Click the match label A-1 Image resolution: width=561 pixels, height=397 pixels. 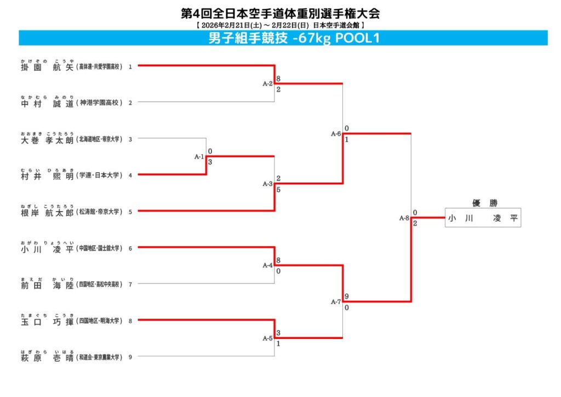click(x=199, y=157)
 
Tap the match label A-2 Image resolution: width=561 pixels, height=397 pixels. click(x=267, y=84)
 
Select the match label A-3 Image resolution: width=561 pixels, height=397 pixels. click(x=267, y=184)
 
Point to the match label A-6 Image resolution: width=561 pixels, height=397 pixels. click(x=336, y=134)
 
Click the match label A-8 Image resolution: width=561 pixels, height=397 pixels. click(x=404, y=218)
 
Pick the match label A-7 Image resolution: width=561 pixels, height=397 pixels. click(x=336, y=302)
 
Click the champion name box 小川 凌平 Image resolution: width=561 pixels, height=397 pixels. click(x=483, y=218)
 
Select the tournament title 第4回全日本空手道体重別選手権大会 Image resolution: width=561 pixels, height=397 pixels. click(x=280, y=13)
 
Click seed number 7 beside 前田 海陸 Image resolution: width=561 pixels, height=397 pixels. click(x=130, y=284)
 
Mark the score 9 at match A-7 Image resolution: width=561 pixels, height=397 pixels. click(x=347, y=297)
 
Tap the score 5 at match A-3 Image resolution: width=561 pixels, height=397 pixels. click(x=279, y=190)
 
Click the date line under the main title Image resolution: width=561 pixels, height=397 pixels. click(x=280, y=25)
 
